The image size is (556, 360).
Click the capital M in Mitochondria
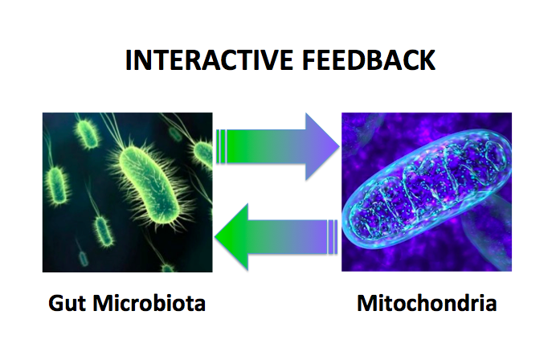pos(366,304)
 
